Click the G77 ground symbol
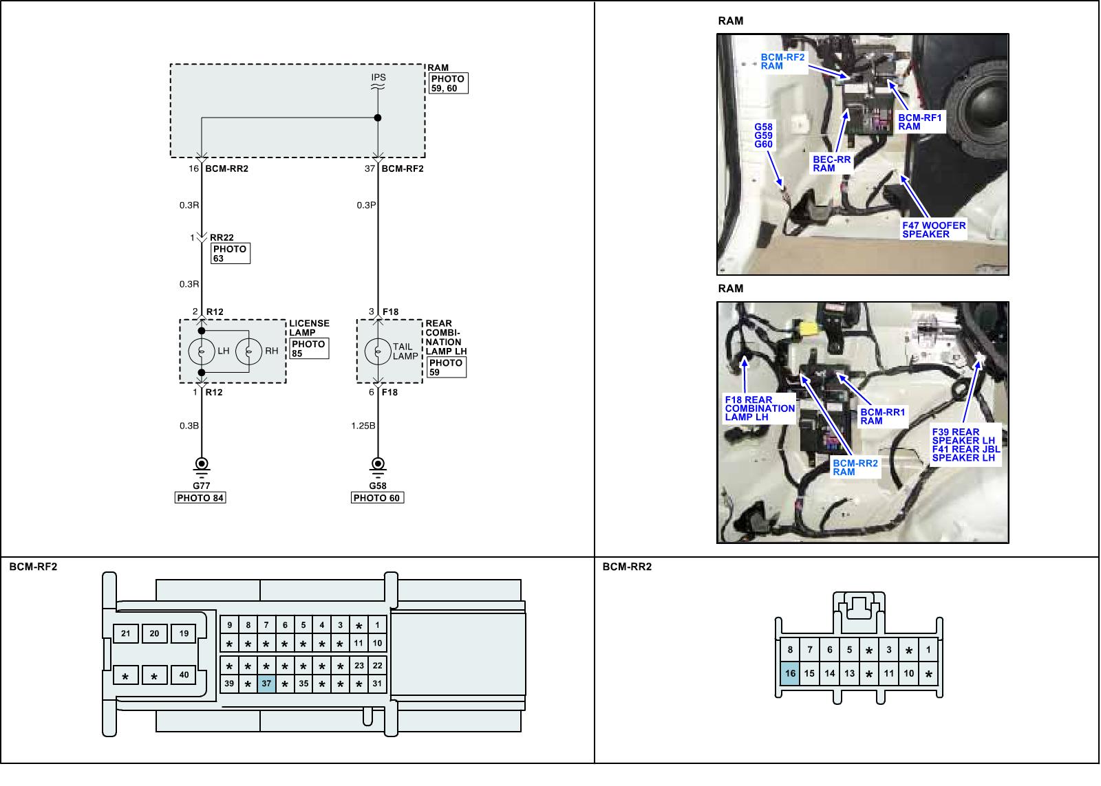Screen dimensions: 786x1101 coord(202,465)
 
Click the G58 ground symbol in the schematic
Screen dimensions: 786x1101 coord(377,465)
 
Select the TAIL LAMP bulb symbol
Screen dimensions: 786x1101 coord(377,351)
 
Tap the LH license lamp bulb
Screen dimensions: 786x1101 coord(202,351)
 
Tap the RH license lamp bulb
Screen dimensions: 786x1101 coord(249,351)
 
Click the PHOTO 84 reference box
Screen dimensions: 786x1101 coord(200,498)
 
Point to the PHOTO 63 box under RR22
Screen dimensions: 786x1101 coord(230,254)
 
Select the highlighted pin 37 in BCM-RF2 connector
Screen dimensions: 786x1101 coord(266,684)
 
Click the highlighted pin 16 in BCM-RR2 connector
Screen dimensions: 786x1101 coord(790,674)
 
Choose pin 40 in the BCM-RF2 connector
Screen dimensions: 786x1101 coord(184,675)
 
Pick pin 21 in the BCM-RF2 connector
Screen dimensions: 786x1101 coord(126,634)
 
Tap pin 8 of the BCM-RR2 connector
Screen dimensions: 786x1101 coord(790,650)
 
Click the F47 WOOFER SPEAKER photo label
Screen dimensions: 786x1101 coord(934,230)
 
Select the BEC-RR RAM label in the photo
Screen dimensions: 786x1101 coord(832,164)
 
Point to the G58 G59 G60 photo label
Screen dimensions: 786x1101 coord(763,135)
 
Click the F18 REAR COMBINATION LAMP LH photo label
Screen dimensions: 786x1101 coord(760,408)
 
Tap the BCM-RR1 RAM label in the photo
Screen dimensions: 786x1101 coord(883,417)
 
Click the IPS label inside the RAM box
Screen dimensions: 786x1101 coord(378,78)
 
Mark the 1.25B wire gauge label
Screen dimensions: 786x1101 coord(363,426)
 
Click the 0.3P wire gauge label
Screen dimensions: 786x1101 coord(366,205)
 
